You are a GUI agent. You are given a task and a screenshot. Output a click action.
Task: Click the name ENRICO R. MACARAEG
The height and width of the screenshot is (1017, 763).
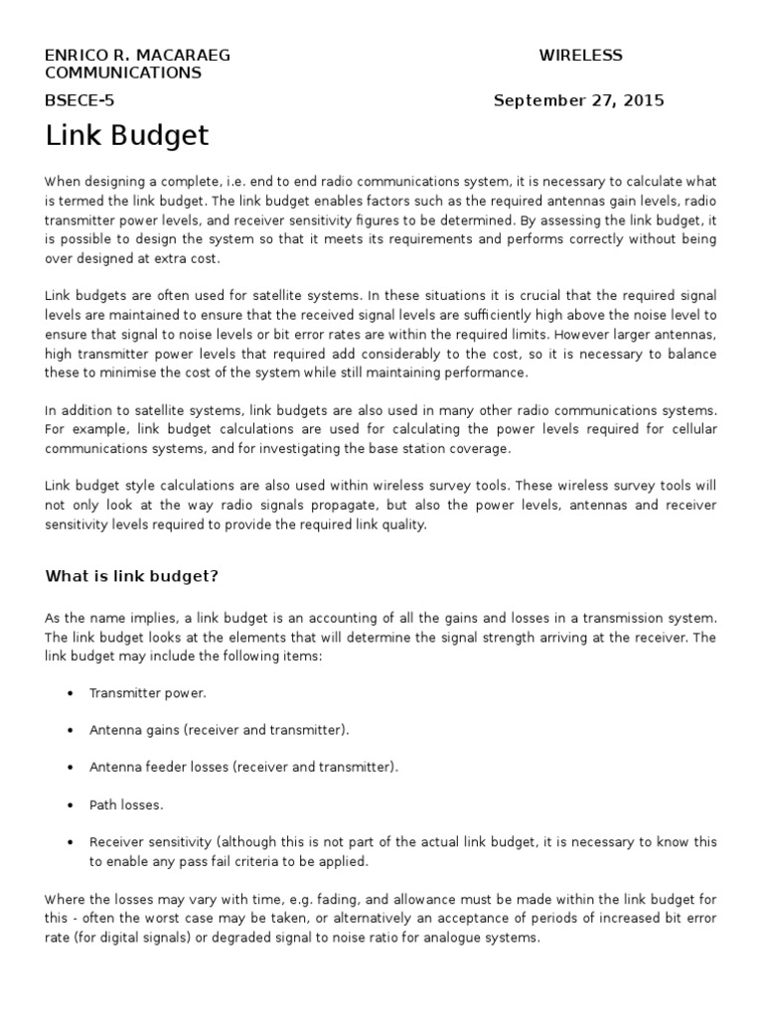(x=137, y=56)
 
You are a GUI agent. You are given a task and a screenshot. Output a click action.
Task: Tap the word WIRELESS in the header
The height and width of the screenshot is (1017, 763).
(x=580, y=56)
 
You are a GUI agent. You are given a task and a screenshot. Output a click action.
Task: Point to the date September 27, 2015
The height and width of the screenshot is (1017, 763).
(x=578, y=100)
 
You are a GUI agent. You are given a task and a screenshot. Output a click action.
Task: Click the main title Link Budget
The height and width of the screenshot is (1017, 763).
(x=127, y=136)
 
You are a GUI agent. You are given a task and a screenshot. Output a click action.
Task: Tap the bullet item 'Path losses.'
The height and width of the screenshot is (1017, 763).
(x=125, y=804)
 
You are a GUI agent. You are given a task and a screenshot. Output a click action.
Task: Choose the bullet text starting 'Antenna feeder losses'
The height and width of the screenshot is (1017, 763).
(x=243, y=768)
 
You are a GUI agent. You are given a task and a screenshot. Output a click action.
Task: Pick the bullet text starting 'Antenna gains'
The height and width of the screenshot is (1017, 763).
(x=220, y=731)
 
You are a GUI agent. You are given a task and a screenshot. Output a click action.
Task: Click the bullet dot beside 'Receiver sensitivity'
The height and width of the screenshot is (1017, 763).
(x=70, y=842)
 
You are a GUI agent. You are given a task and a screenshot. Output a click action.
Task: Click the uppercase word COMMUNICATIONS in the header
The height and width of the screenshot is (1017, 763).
(x=123, y=73)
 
